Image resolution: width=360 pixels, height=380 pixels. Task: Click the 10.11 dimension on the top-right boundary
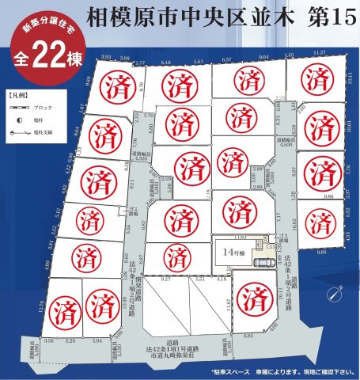point(350,77)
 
